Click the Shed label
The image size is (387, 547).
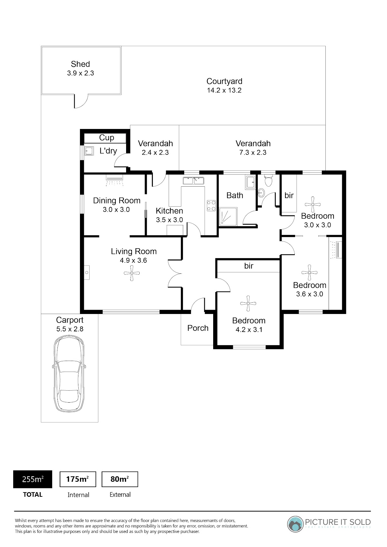point(80,64)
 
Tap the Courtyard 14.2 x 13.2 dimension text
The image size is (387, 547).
point(224,90)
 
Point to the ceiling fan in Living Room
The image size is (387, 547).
point(132,273)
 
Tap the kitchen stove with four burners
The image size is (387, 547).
point(211,206)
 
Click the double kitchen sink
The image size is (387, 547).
point(193,181)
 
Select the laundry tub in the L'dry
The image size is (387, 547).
point(89,151)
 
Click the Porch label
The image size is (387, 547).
point(198,328)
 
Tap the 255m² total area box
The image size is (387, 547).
point(33,479)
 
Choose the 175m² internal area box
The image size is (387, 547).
point(78,479)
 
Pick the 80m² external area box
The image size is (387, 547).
point(120,479)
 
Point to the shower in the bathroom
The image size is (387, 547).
point(228,216)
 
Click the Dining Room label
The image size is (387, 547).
point(117,200)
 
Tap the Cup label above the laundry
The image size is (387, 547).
point(106,138)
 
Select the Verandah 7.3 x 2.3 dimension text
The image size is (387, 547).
point(253,152)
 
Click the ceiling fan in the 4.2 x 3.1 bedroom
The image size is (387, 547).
point(248,304)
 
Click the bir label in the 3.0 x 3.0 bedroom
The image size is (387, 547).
point(289,195)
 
